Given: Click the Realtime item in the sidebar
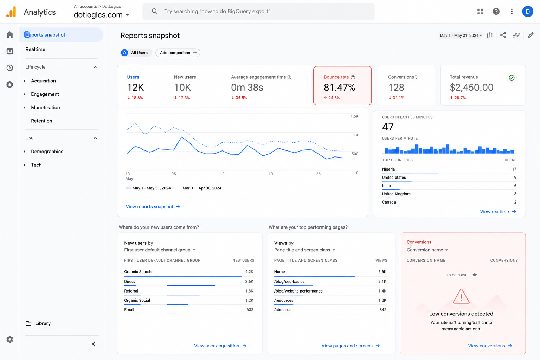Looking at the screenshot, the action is point(35,49).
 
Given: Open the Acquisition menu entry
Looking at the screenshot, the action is point(43,81).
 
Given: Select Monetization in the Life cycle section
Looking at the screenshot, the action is point(45,107).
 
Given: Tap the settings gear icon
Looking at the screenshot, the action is point(9,339).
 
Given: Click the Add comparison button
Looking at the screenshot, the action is point(178,53).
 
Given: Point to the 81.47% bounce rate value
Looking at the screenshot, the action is point(339,87).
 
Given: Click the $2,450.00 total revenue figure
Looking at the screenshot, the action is point(471,87).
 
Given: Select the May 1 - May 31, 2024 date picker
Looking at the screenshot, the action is point(461,36).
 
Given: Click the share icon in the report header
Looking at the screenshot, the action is point(503,35).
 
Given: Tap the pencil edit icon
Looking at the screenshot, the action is point(531,35).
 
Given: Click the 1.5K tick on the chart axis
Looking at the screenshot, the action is point(354,116).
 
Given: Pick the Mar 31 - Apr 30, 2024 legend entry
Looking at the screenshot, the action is point(198,188).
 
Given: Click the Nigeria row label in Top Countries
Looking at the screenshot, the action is point(388,169).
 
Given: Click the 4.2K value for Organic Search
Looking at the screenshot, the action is point(249,272).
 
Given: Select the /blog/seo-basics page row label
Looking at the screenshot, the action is point(289,281).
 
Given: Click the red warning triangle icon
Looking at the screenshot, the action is point(461,296).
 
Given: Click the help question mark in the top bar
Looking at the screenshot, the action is point(496,12).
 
